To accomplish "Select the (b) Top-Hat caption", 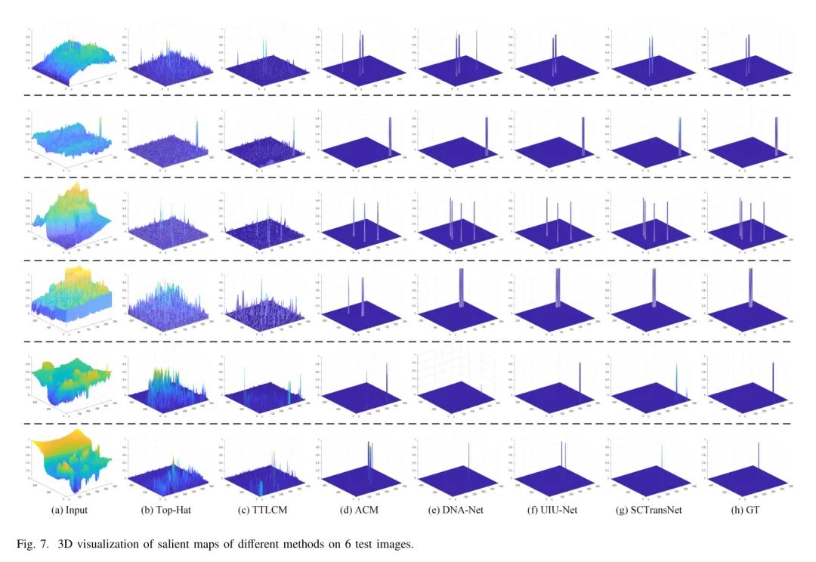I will (163, 510).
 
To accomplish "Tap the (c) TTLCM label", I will (263, 510).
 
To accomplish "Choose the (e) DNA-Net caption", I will (457, 510).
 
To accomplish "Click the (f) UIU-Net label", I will (554, 510).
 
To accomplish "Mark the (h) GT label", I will (748, 510).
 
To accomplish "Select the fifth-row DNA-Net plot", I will (457, 389).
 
